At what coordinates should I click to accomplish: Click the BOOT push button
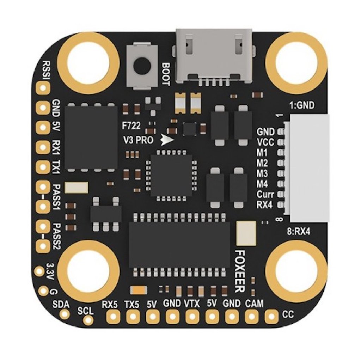140,65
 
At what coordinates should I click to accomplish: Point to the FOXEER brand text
240,271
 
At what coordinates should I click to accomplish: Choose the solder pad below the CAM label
251,317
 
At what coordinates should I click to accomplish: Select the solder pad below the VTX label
192,317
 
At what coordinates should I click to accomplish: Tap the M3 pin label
262,173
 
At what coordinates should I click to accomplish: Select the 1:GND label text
301,105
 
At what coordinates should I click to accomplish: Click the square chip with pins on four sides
171,175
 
